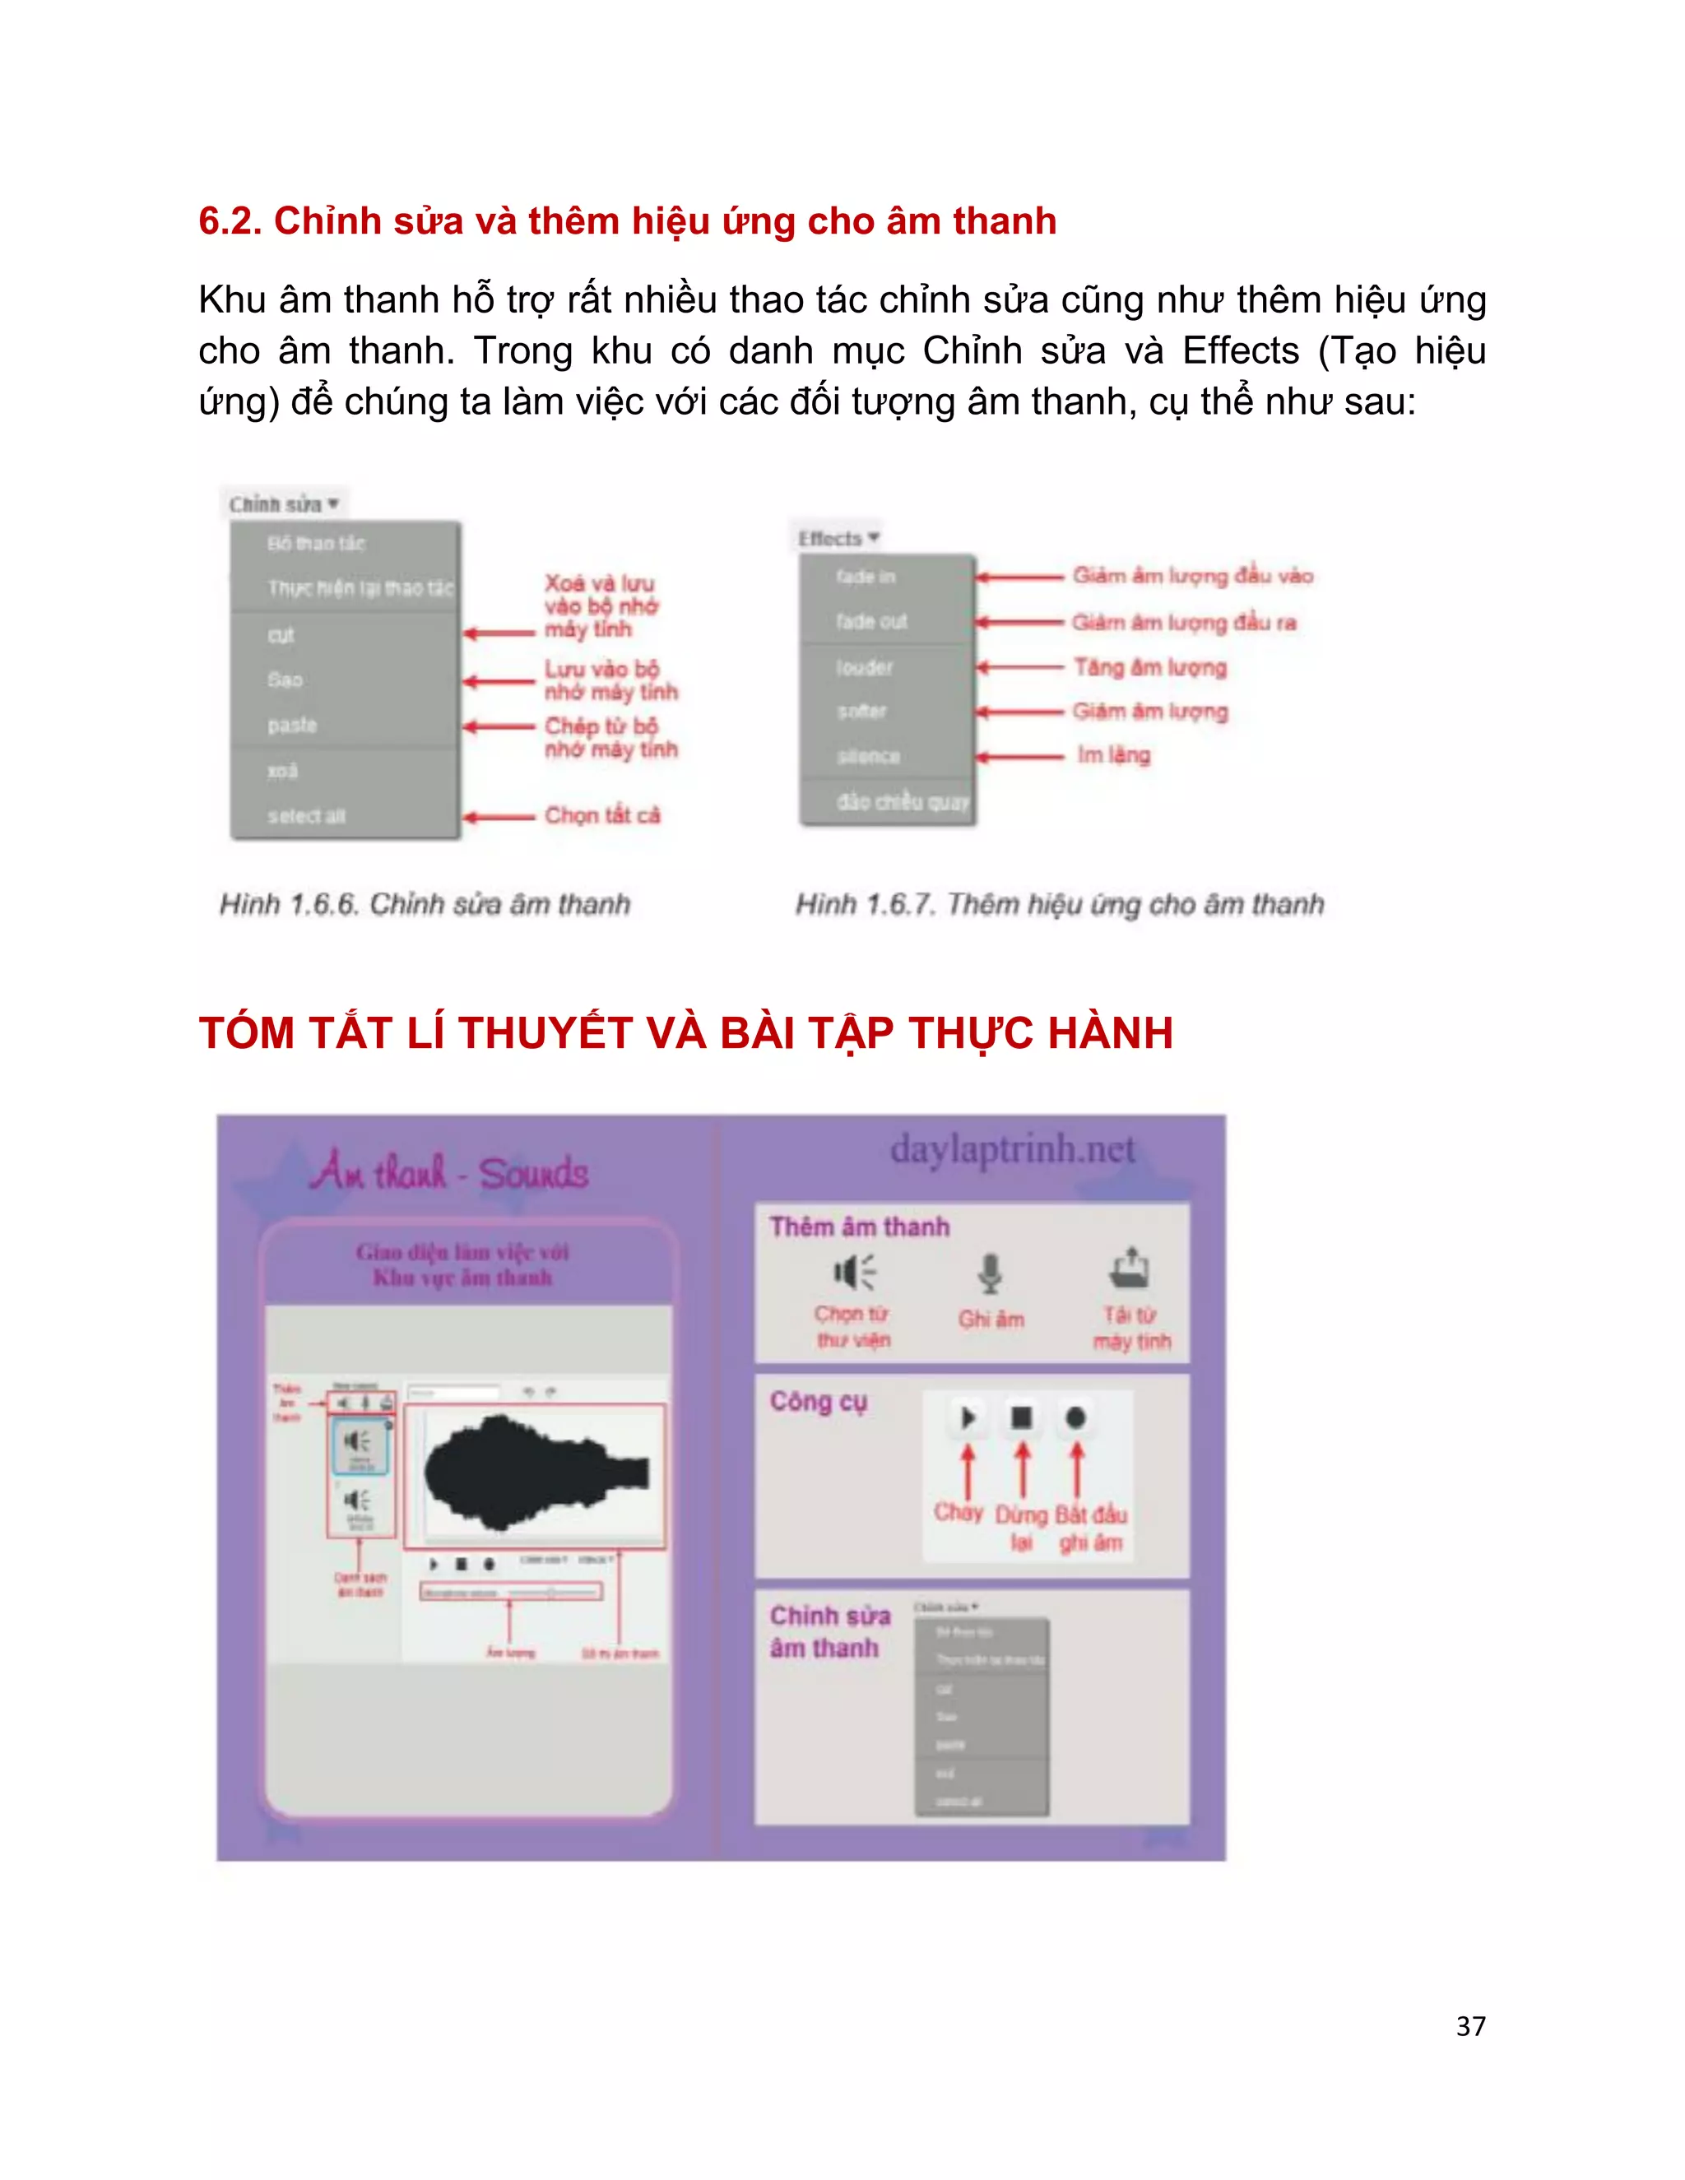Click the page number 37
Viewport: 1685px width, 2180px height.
click(1469, 2025)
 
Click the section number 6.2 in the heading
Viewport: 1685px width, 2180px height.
click(229, 221)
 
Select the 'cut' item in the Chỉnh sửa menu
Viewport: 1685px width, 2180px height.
click(281, 635)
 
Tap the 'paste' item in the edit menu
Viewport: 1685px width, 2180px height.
click(292, 726)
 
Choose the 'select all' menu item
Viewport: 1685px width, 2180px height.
click(305, 815)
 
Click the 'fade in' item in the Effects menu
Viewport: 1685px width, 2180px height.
click(866, 576)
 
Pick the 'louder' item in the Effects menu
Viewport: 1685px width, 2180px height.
click(865, 667)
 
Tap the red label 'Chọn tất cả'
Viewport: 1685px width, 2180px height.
click(602, 815)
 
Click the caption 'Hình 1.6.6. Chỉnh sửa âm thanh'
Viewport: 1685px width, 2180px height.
click(425, 904)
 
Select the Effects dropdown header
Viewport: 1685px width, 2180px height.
click(838, 538)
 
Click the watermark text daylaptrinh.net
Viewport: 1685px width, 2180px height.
click(1012, 1149)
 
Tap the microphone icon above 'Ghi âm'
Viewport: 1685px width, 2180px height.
click(989, 1273)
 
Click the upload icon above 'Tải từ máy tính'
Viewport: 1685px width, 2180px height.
click(1130, 1269)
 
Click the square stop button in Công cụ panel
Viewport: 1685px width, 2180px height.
click(1021, 1417)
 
